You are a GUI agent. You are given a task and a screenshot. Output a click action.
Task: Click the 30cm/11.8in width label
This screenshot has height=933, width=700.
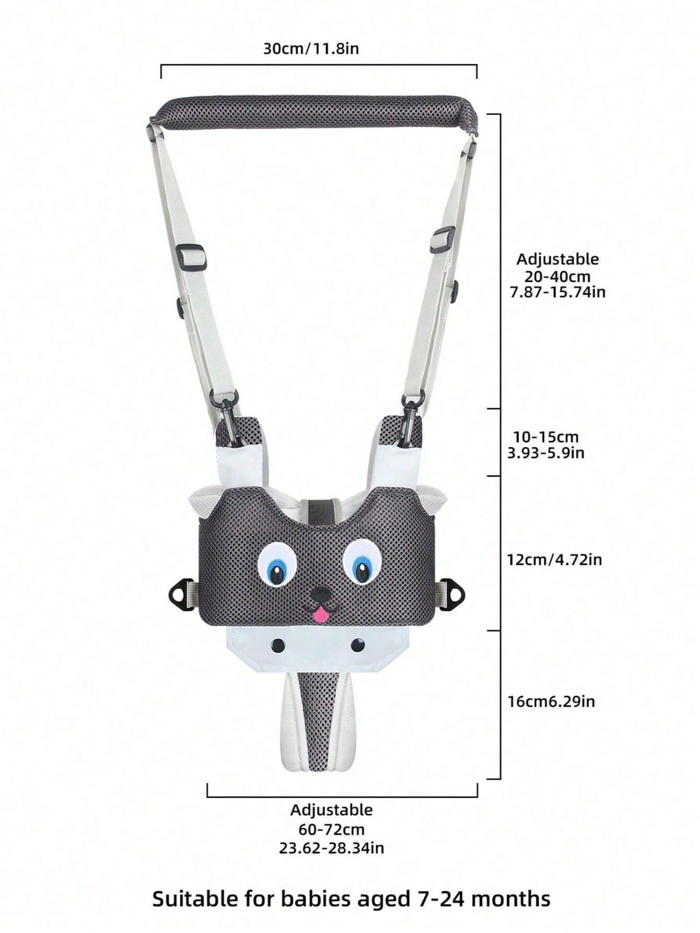tap(311, 49)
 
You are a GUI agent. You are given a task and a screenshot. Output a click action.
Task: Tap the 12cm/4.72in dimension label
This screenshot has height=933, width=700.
tap(554, 560)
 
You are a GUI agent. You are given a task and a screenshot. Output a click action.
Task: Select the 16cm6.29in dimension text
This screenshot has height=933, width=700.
tap(551, 701)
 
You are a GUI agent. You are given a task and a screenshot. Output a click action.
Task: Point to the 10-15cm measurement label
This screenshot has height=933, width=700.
tap(546, 437)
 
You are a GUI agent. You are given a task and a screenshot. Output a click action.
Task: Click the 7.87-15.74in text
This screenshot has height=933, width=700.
tap(557, 292)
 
